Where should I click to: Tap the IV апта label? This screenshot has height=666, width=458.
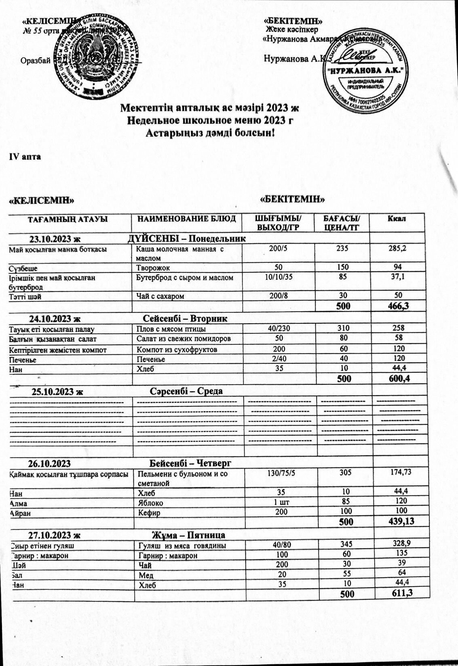25,157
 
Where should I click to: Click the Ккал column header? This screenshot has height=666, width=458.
397,219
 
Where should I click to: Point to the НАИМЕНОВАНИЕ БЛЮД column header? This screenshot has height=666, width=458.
187,219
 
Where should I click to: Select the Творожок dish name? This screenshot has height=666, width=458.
153,268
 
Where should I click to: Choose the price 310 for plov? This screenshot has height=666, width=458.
345,328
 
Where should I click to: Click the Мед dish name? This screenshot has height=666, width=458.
146,575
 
